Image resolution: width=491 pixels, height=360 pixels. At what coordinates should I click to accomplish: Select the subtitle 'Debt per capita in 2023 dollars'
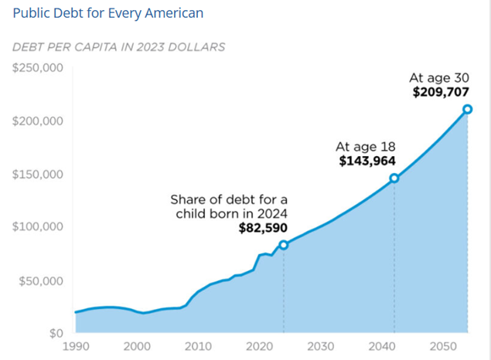click(118, 47)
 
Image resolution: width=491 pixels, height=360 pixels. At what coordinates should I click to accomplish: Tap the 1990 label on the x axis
click(75, 346)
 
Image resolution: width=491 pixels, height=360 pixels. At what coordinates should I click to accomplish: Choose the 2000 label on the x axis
click(136, 346)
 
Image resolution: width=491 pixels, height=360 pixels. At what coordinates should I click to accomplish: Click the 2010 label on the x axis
click(197, 346)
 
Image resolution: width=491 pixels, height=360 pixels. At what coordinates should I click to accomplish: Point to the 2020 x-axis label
click(259, 346)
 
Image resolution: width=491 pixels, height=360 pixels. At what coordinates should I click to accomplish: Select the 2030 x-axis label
click(320, 346)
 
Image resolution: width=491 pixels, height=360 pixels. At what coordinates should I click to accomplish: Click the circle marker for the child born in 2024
click(284, 245)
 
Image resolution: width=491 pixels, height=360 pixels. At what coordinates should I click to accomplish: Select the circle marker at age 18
click(394, 178)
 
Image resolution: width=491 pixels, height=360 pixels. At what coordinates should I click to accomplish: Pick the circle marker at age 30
click(468, 109)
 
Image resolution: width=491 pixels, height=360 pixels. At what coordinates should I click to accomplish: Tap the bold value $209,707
click(443, 92)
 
